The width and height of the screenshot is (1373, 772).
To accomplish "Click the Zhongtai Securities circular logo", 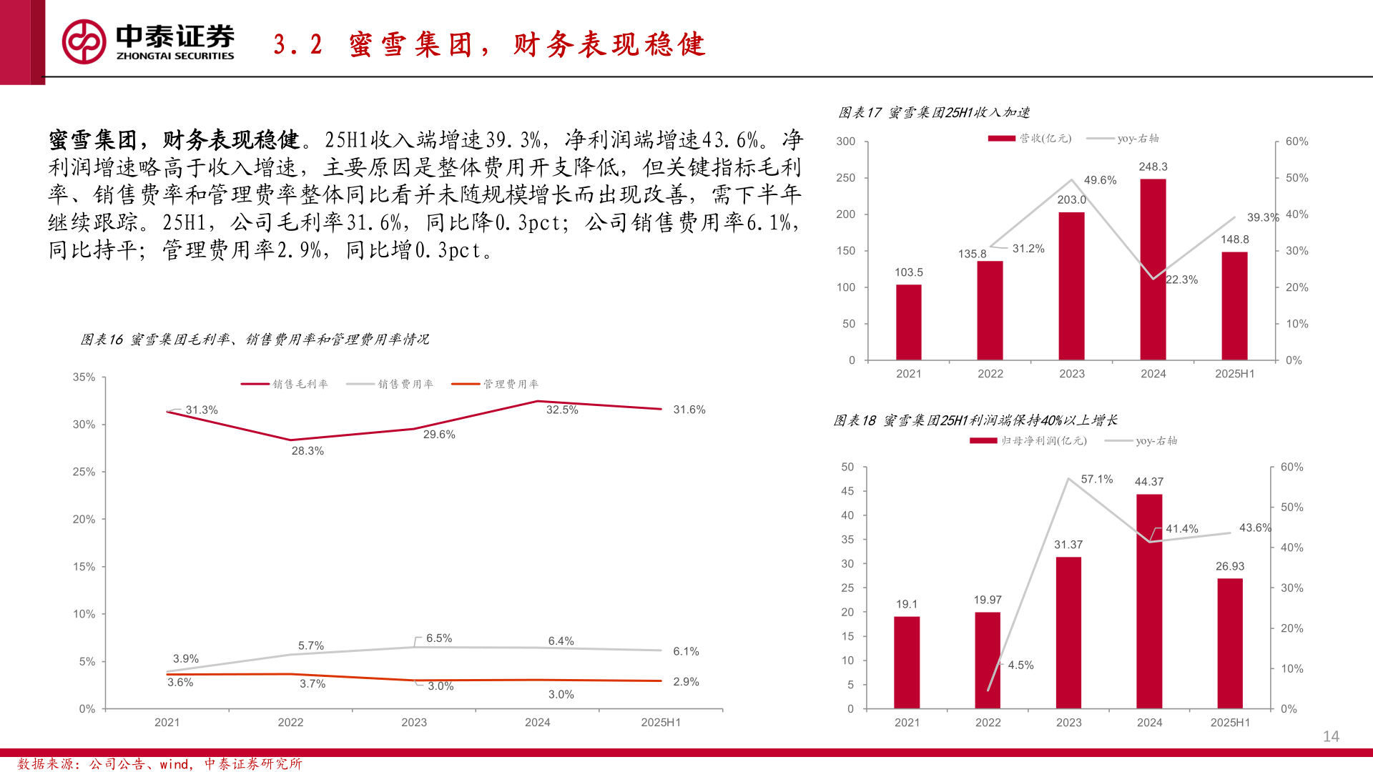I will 84,41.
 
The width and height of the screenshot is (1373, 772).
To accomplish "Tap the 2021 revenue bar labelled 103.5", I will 908,322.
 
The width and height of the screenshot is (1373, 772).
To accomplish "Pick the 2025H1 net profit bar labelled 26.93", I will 1230,643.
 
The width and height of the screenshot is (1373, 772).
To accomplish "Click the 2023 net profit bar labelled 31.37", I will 1068,633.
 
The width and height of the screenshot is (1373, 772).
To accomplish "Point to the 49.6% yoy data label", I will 1100,180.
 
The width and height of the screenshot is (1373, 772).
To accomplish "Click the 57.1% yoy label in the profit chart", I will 1097,479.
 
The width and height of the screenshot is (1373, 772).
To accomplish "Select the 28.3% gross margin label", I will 307,451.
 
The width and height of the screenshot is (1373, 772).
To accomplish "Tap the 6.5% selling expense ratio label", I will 439,638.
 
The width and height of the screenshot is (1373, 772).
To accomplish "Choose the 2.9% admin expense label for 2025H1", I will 686,682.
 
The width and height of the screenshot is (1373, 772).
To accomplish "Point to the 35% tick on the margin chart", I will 84,377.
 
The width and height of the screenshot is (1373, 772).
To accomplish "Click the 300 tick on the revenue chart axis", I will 845,142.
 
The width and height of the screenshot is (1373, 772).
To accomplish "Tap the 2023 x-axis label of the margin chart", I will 414,723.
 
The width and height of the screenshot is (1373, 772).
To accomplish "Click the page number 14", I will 1331,736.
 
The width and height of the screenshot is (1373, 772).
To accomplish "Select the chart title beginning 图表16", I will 255,340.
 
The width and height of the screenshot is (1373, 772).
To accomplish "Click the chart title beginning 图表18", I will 975,420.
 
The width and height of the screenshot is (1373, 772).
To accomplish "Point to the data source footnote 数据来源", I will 159,764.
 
